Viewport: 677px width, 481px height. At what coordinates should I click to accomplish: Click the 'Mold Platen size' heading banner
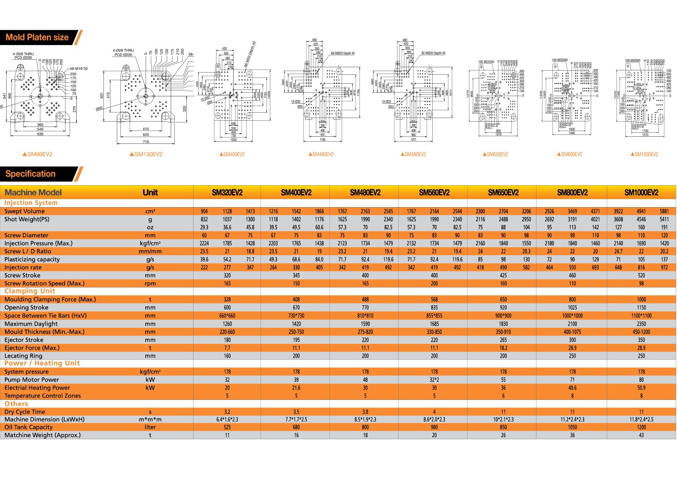[x=37, y=37]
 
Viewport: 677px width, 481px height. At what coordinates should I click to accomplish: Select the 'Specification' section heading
[x=31, y=174]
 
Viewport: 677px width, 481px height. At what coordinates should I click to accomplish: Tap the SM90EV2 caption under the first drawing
[x=37, y=155]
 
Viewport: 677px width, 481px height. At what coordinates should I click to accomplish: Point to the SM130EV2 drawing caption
[x=146, y=155]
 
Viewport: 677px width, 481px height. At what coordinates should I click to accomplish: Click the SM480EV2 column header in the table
[x=365, y=192]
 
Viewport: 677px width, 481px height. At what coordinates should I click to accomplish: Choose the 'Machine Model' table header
[x=33, y=192]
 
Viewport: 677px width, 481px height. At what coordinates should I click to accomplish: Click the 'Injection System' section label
[x=31, y=203]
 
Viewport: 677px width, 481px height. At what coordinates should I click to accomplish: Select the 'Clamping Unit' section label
[x=30, y=291]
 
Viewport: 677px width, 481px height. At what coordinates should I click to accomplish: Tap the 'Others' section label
[x=16, y=404]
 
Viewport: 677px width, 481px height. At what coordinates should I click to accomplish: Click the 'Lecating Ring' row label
[x=24, y=356]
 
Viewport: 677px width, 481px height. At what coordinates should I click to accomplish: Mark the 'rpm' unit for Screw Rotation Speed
[x=150, y=284]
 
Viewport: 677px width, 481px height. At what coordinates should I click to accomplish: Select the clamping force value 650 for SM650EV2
[x=503, y=300]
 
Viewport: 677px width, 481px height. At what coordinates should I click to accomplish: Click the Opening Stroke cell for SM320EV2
[x=227, y=308]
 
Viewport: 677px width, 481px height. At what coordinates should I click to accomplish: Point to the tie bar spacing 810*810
[x=365, y=316]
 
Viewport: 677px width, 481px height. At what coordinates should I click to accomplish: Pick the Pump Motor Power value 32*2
[x=434, y=380]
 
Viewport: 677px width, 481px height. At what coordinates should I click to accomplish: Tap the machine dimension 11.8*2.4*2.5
[x=641, y=420]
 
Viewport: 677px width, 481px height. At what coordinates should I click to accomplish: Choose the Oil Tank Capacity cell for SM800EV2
[x=572, y=428]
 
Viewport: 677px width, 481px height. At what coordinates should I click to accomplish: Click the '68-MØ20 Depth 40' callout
[x=343, y=53]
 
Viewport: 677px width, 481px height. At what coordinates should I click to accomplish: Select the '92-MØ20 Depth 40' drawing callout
[x=433, y=53]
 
